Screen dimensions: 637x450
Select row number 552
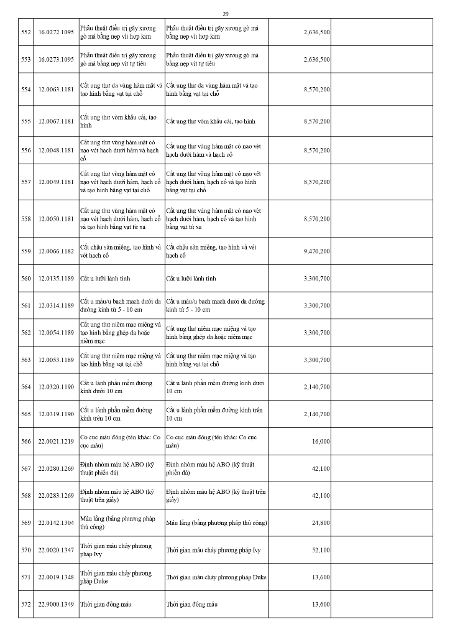pos(26,33)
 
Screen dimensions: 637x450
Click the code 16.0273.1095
pos(57,60)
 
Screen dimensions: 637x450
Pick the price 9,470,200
pos(317,251)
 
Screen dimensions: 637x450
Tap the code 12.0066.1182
pos(57,251)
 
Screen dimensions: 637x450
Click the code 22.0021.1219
pos(57,441)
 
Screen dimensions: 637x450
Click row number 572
pos(26,605)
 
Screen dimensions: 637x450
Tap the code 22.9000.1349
pos(57,605)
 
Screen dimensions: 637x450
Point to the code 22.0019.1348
pos(57,577)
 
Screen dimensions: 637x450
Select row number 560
pos(26,278)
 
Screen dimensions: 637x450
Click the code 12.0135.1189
pos(57,278)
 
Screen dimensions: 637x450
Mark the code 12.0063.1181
pos(57,90)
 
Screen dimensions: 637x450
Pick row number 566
pos(26,441)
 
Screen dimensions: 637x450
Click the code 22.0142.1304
pos(57,523)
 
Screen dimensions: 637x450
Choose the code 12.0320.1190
pos(57,387)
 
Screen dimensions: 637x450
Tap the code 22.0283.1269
pos(57,496)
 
